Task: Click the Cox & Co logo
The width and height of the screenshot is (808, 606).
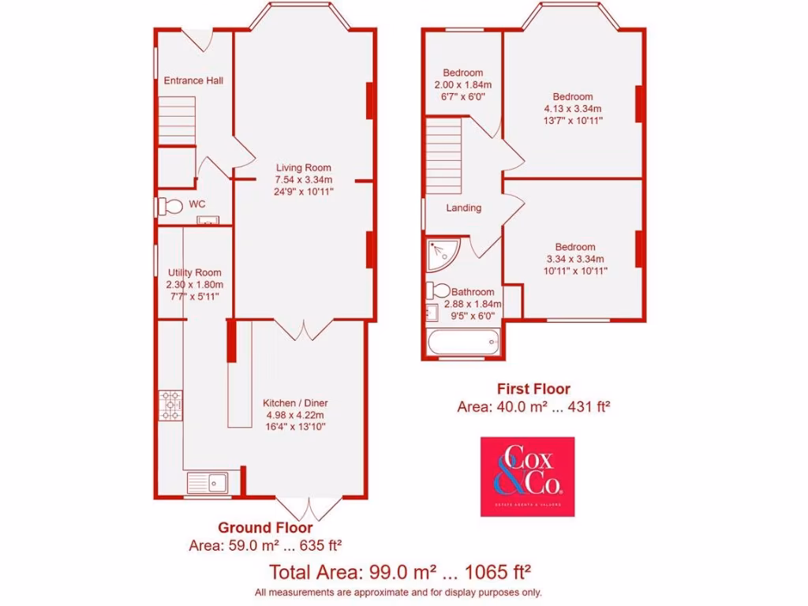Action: pyautogui.click(x=527, y=477)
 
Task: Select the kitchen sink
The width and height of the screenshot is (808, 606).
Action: pyautogui.click(x=207, y=481)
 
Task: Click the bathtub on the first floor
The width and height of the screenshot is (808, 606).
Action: pyautogui.click(x=462, y=342)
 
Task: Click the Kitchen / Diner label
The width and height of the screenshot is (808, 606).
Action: pyautogui.click(x=294, y=402)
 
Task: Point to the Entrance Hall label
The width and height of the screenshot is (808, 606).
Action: pyautogui.click(x=193, y=80)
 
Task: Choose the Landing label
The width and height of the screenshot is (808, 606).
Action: pyautogui.click(x=463, y=208)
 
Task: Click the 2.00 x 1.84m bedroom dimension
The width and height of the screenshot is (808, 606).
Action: pyautogui.click(x=463, y=84)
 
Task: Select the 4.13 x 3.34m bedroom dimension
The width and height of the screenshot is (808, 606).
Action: pyautogui.click(x=572, y=109)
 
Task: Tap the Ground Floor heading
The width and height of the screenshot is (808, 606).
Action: pyautogui.click(x=265, y=528)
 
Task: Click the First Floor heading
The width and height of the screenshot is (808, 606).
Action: pyautogui.click(x=533, y=389)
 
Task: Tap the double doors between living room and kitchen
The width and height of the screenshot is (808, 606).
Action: pyautogui.click(x=301, y=329)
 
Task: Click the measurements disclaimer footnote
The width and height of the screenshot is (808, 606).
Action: pyautogui.click(x=398, y=592)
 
